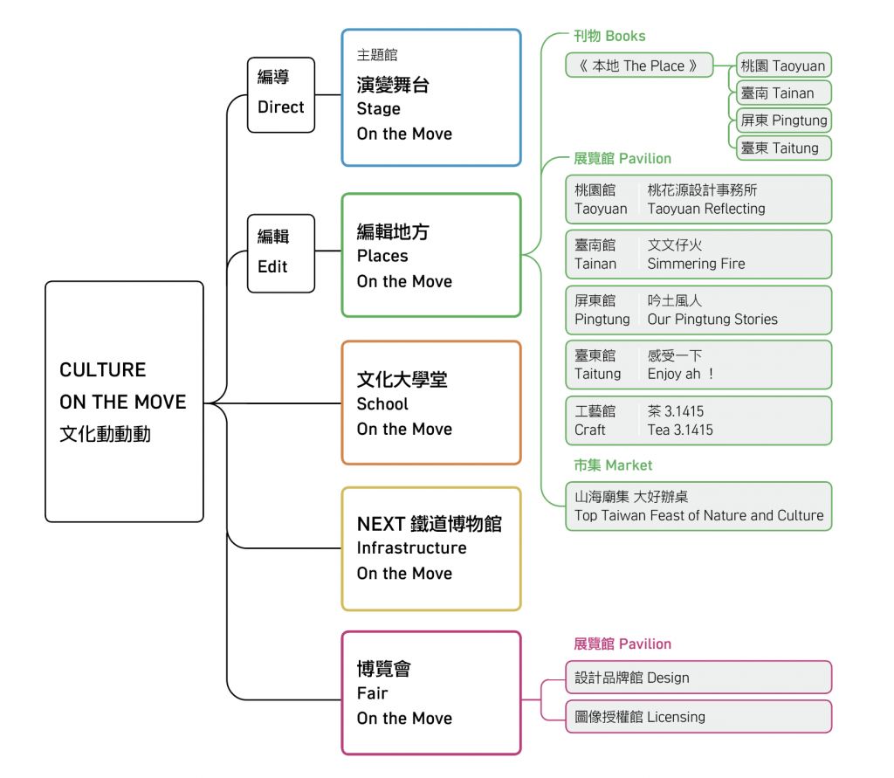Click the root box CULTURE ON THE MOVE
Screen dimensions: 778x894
point(124,401)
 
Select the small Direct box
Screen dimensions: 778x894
point(280,94)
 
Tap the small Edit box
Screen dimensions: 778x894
point(280,252)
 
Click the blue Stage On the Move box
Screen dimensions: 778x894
point(430,97)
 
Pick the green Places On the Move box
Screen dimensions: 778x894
point(430,255)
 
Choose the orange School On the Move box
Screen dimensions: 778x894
point(430,403)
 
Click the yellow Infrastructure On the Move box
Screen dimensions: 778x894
point(430,548)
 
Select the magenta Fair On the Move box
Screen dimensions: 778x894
point(430,693)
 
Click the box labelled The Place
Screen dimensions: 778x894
point(639,65)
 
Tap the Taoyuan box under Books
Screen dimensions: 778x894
point(783,65)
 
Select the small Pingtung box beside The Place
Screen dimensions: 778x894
point(783,120)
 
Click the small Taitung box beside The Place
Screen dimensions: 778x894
point(783,148)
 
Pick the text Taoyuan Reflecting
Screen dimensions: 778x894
point(705,209)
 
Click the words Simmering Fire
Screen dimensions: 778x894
point(696,264)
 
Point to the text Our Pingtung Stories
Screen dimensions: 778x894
point(712,320)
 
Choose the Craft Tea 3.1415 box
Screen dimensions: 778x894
point(698,420)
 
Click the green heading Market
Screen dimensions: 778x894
point(613,465)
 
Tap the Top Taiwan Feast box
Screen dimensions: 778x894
point(698,506)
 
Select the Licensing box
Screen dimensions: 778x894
point(698,717)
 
